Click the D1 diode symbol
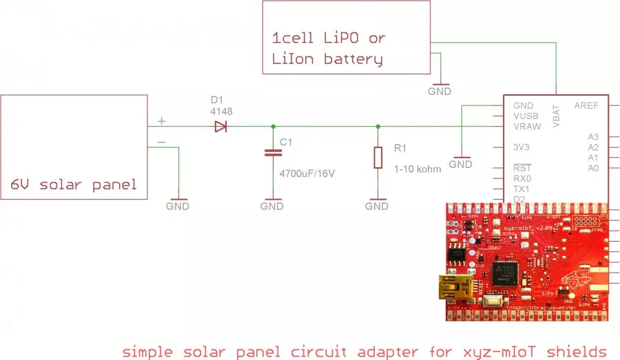pos(220,126)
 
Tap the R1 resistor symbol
pos(378,158)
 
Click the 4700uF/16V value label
pos(307,173)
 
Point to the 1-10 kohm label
pos(418,169)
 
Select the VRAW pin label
pos(526,127)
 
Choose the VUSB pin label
pos(526,116)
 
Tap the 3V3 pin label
pos(522,147)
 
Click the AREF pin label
pos(586,106)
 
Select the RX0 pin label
pos(521,178)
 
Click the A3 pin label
pos(593,137)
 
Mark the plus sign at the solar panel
pos(162,121)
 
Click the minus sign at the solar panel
pos(162,142)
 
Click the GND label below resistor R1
pos(377,206)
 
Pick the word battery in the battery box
pos(353,60)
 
